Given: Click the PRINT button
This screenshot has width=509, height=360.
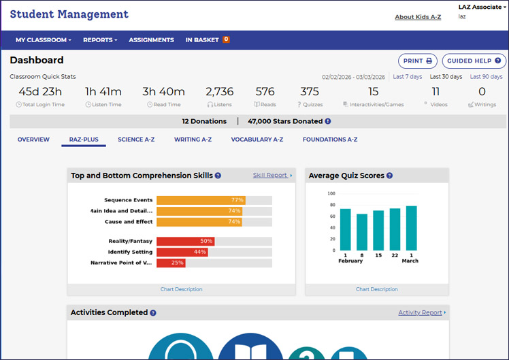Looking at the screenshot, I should (418, 61).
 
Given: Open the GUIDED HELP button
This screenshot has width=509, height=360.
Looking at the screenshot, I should (474, 61).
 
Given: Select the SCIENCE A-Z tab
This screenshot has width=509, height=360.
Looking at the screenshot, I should (136, 140).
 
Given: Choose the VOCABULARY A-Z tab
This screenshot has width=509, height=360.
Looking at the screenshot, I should (257, 140).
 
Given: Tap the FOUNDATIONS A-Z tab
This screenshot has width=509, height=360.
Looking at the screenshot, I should (330, 140).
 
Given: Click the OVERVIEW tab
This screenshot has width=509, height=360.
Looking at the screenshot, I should (33, 140).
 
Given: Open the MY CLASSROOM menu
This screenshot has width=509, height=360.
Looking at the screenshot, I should (43, 40).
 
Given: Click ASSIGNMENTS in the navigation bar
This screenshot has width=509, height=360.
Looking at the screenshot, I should (151, 40).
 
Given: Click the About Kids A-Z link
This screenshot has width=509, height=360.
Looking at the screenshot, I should (418, 17).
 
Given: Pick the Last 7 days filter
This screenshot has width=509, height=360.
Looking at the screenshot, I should (407, 77).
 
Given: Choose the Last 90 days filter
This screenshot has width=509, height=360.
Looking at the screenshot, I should (486, 77).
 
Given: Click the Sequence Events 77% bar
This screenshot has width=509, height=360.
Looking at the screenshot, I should (201, 200).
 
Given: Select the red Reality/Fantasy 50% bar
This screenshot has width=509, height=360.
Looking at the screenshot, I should (185, 241).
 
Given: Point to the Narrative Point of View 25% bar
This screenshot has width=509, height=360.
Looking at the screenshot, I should (171, 263).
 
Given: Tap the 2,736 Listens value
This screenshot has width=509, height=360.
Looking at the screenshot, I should (219, 92).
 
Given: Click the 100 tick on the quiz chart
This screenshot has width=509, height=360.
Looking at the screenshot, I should (331, 194).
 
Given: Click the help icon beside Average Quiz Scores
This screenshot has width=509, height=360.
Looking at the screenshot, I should (390, 176).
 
